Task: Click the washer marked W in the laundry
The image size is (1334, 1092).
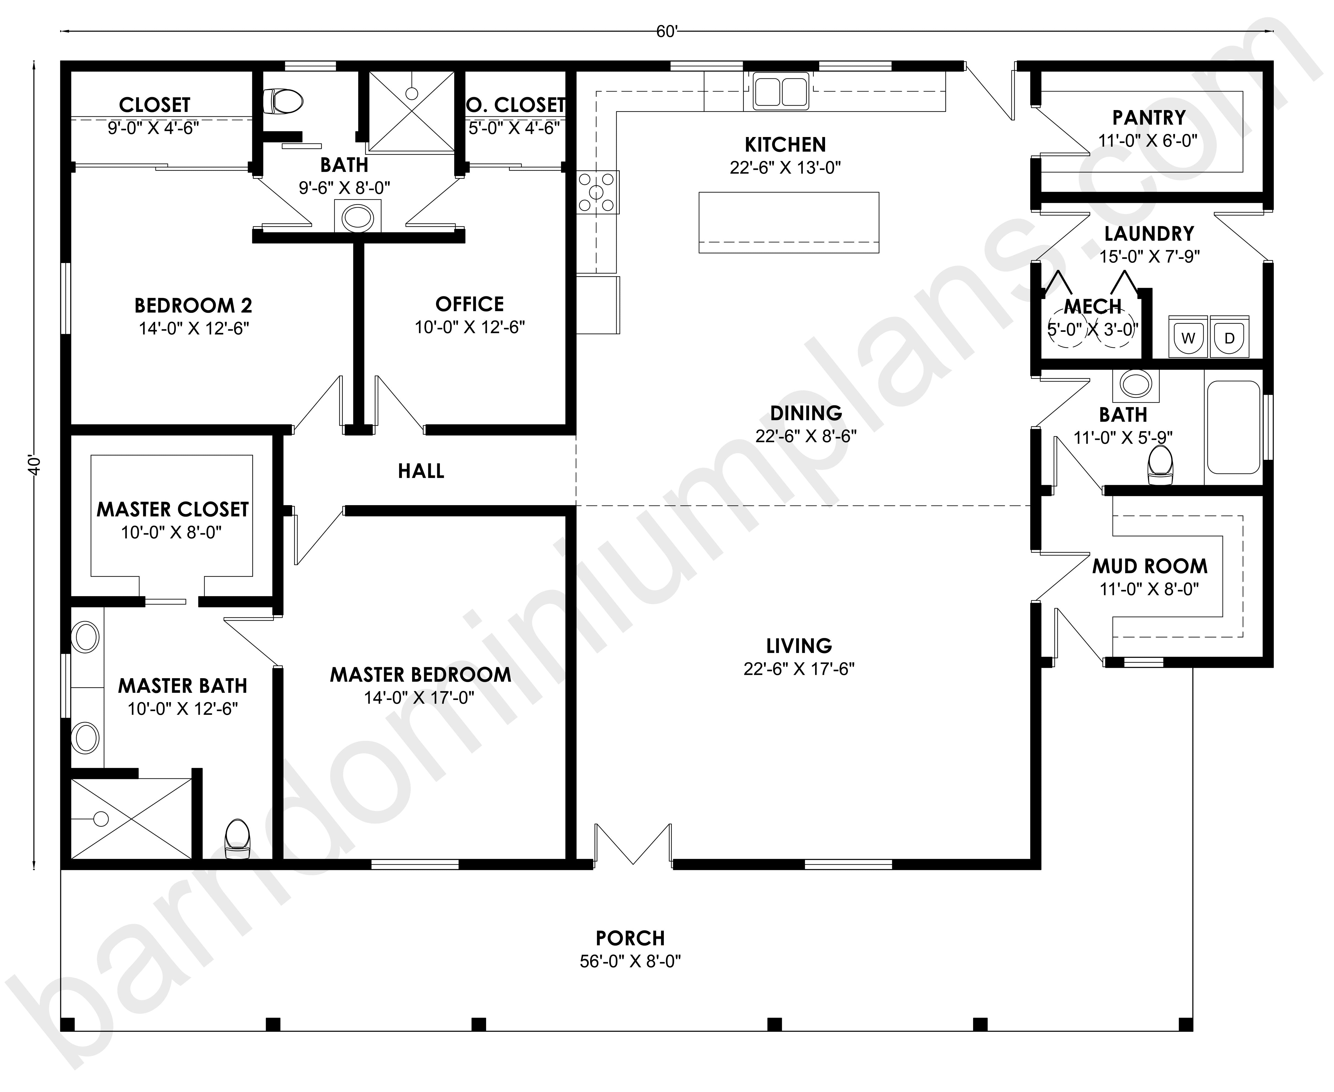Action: (x=1187, y=336)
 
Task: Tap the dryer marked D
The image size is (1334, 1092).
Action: (x=1229, y=336)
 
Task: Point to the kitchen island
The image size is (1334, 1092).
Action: (x=789, y=223)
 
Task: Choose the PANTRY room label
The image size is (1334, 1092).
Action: (x=1149, y=118)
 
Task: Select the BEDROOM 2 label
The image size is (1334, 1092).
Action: (x=193, y=306)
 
